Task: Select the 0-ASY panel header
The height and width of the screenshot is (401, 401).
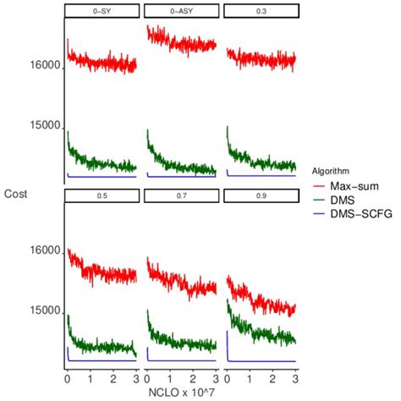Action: pos(181,11)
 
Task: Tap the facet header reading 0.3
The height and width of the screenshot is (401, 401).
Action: pos(261,11)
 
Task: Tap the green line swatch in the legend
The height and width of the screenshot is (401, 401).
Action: pos(323,199)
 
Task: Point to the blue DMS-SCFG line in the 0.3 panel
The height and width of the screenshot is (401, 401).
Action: pos(262,176)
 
